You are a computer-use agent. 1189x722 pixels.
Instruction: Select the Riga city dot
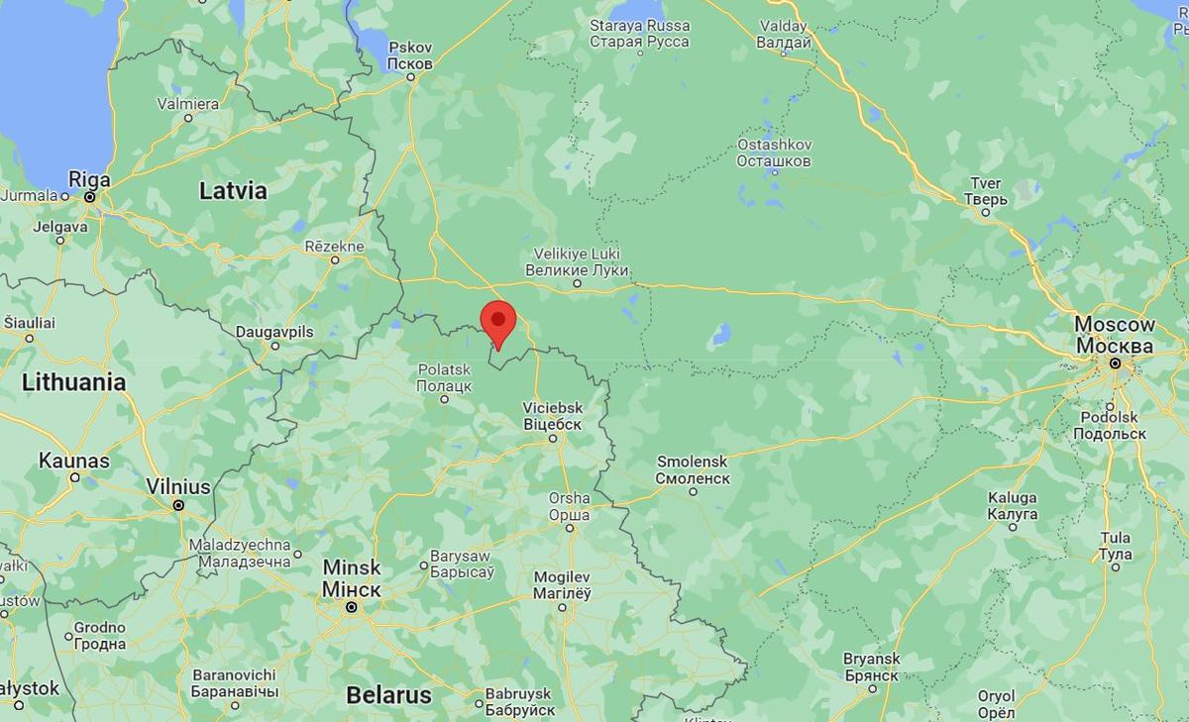click(89, 197)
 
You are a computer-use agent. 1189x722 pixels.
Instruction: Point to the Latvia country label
click(233, 191)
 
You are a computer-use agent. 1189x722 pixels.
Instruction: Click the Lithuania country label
click(74, 382)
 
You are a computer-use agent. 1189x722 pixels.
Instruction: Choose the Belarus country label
click(388, 695)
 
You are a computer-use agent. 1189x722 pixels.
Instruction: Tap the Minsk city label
click(351, 578)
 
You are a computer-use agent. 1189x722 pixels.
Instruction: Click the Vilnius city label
click(178, 487)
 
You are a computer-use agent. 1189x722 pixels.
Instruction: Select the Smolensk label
click(693, 469)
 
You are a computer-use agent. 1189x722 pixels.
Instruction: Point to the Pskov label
click(409, 55)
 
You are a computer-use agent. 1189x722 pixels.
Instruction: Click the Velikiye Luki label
click(577, 261)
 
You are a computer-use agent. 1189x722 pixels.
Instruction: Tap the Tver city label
click(985, 191)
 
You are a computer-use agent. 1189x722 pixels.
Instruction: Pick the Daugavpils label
click(274, 332)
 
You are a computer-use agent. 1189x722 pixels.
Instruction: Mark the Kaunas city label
click(74, 461)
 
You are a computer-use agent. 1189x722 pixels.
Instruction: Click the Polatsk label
click(444, 376)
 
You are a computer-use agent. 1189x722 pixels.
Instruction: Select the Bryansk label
click(871, 667)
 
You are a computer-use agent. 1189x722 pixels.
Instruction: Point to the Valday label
click(783, 34)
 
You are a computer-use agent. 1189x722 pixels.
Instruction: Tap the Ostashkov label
click(774, 153)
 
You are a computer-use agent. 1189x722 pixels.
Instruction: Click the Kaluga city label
click(1013, 506)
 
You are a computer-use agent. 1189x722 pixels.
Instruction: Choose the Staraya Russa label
click(639, 33)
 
